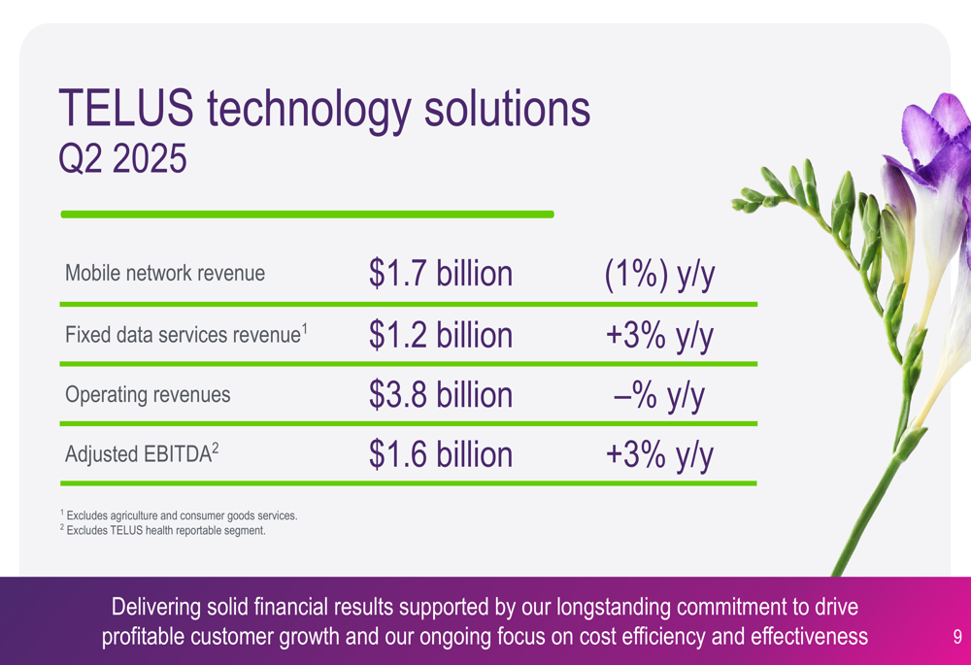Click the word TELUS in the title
[x=125, y=108]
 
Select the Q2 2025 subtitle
[x=122, y=158]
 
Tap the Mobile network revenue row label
[x=165, y=273]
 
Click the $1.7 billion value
[x=441, y=273]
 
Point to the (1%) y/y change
[x=659, y=275]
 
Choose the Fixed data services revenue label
[x=186, y=334]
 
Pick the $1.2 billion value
[x=441, y=335]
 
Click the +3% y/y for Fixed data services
[x=659, y=336]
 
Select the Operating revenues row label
[x=148, y=394]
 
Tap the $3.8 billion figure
[x=441, y=394]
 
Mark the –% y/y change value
[x=659, y=396]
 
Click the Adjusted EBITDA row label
[x=142, y=454]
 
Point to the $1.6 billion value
[x=441, y=454]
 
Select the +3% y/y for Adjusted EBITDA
[x=659, y=455]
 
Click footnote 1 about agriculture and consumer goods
[x=179, y=515]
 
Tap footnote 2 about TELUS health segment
[x=163, y=530]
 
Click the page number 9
[x=957, y=637]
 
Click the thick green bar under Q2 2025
[x=307, y=215]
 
